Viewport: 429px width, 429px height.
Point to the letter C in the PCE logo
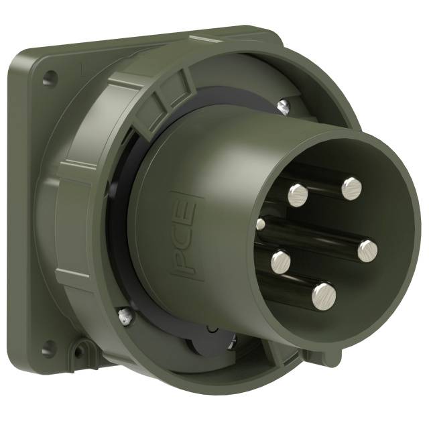point(185,238)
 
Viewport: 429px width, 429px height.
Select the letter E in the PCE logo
point(187,213)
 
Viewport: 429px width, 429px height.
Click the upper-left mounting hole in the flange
point(48,79)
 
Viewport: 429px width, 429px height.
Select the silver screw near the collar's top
point(284,105)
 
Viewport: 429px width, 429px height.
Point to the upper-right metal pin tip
point(351,189)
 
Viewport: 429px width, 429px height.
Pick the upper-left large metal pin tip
point(298,195)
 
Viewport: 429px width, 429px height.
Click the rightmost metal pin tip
point(367,251)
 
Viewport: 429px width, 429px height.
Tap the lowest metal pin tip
point(324,296)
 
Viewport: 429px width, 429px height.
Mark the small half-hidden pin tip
point(260,224)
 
